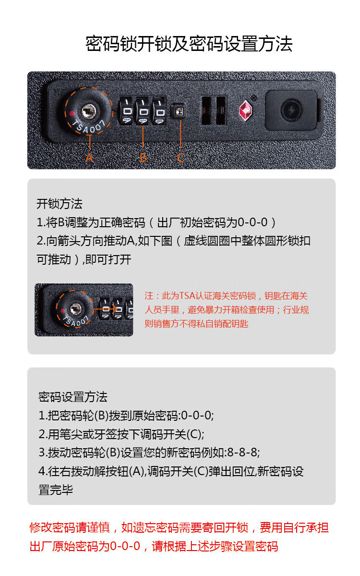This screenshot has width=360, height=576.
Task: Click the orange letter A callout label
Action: click(89, 158)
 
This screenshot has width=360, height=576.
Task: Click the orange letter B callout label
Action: click(143, 158)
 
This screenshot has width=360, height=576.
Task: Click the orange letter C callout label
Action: click(180, 158)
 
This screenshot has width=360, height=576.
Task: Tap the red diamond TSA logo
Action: click(245, 110)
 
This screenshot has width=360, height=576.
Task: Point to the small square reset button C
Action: click(179, 111)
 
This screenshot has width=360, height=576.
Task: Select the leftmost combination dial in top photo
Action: click(127, 111)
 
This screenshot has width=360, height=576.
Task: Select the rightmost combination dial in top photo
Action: click(159, 111)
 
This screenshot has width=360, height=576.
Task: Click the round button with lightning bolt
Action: click(291, 110)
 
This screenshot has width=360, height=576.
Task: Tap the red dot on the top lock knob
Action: click(72, 113)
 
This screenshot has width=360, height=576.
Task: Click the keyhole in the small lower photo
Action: click(76, 309)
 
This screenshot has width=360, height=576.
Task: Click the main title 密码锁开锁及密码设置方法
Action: click(189, 44)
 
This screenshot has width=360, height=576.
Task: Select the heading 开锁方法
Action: click(60, 204)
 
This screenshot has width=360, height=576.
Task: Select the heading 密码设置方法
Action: click(72, 397)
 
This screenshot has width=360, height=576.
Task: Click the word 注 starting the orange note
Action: click(149, 296)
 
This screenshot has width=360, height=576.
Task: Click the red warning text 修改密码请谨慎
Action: click(70, 527)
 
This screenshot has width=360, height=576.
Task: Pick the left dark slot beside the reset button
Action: click(206, 110)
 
